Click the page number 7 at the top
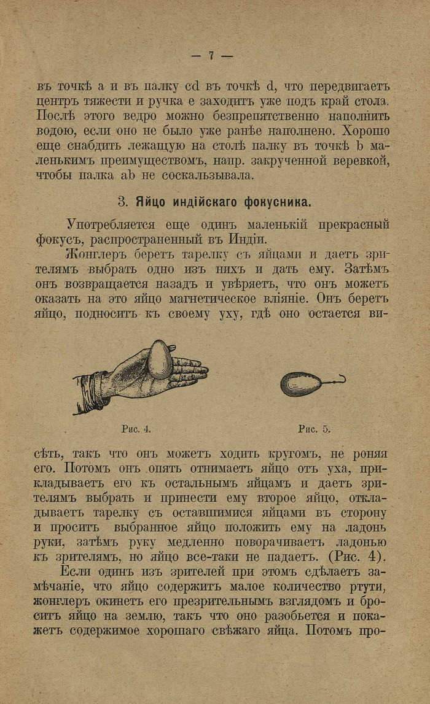coord(211,56)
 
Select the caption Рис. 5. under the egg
coord(314,429)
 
